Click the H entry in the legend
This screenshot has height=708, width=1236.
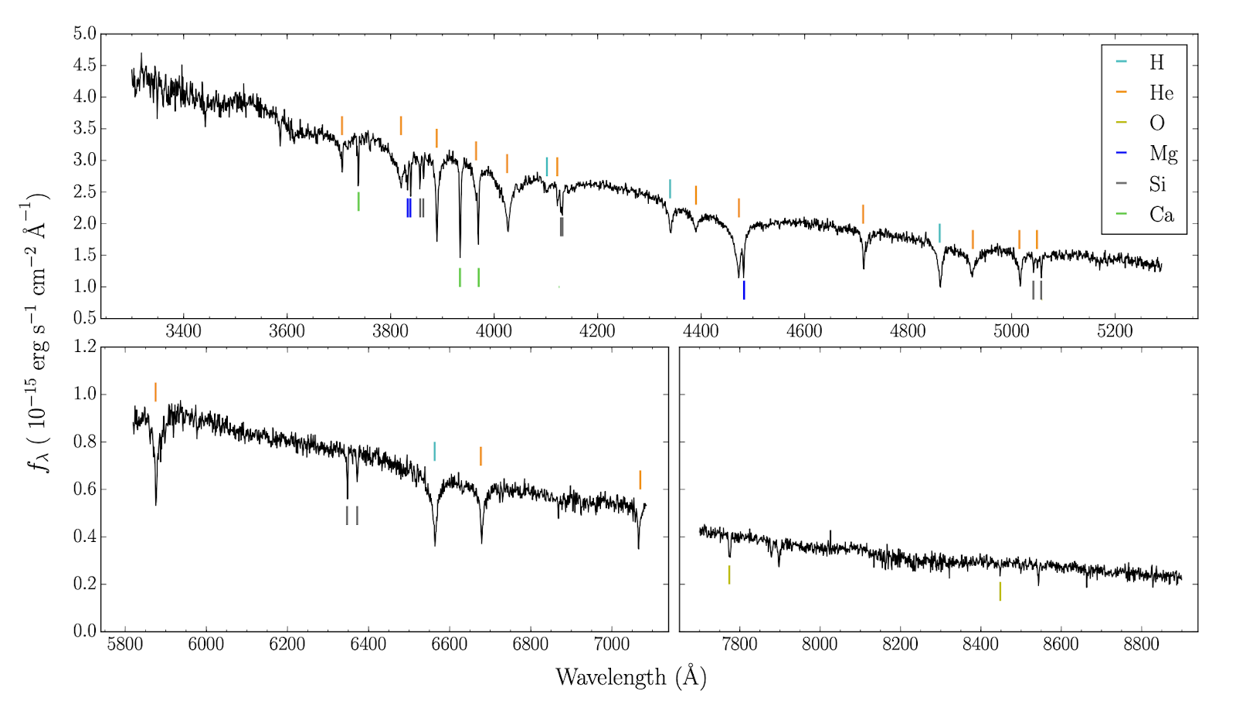(x=1156, y=63)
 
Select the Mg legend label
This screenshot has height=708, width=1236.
(x=1163, y=154)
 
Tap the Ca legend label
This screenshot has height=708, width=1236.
(x=1161, y=215)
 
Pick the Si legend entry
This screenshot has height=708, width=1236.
(x=1156, y=184)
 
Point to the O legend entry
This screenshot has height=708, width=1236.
(x=1156, y=124)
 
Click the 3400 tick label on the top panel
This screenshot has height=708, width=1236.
(x=183, y=331)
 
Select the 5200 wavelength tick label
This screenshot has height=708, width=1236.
(x=1115, y=331)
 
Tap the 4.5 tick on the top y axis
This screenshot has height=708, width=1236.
(x=85, y=65)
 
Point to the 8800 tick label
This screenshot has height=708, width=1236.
(x=1141, y=644)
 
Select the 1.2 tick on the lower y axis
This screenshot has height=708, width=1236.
(x=85, y=347)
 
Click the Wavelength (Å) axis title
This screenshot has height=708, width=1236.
(x=630, y=677)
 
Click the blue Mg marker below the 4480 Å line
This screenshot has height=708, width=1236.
(x=744, y=290)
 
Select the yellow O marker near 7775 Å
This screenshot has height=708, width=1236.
(x=728, y=574)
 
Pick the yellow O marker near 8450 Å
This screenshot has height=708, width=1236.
(x=1000, y=591)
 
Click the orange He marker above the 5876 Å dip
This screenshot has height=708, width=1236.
(x=155, y=392)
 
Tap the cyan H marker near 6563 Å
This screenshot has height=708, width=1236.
(x=434, y=452)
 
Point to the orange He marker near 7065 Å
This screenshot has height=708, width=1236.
(x=640, y=479)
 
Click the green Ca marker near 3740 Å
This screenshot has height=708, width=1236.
(x=358, y=201)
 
